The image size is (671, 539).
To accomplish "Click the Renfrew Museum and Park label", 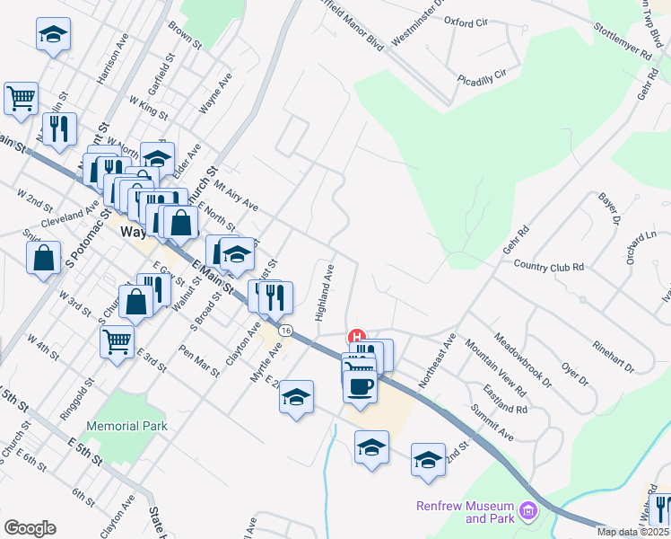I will [x=465, y=512].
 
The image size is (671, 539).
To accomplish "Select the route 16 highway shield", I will [x=285, y=331].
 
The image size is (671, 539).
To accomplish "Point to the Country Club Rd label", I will [x=549, y=266].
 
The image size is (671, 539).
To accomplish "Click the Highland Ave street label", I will [x=324, y=293].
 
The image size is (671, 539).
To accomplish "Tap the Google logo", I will [x=30, y=528].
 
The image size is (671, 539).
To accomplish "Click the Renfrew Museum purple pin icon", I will [x=529, y=512].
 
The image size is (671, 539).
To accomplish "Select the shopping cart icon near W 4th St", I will [x=118, y=340].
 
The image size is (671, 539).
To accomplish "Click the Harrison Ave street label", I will [x=114, y=59].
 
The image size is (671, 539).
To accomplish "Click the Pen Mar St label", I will [x=199, y=360].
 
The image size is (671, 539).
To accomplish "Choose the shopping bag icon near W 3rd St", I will [x=136, y=301].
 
